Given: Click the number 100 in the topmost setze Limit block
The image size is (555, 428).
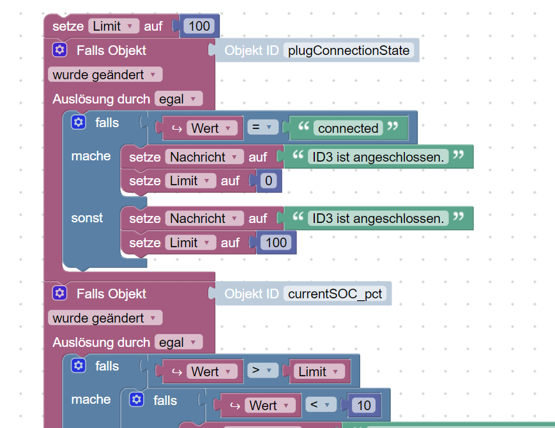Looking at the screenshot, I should (199, 26).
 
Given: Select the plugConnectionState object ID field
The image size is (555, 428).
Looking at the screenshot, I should (349, 50).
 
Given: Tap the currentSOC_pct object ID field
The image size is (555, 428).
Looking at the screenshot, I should (336, 294).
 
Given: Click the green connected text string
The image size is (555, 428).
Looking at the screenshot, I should (348, 128).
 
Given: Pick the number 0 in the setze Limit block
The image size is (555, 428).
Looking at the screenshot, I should (268, 181).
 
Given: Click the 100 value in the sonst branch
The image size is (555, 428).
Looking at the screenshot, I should (277, 243).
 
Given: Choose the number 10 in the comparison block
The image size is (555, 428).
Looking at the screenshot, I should (364, 405).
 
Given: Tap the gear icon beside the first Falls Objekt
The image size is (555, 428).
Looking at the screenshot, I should (60, 50).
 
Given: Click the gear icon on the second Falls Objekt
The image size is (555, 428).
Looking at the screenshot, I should (60, 294).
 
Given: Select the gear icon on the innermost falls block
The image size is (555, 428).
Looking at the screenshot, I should (137, 400).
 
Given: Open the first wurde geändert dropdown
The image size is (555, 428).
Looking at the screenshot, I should (105, 75).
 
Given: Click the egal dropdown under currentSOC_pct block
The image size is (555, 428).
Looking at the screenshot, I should (178, 342).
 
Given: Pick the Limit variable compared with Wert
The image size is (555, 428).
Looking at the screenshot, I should (317, 372).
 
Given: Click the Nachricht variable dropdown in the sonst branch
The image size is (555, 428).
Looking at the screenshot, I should (204, 218).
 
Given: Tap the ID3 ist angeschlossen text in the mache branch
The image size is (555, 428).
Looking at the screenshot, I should (377, 157).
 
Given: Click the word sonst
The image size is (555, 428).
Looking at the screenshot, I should (87, 218).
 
